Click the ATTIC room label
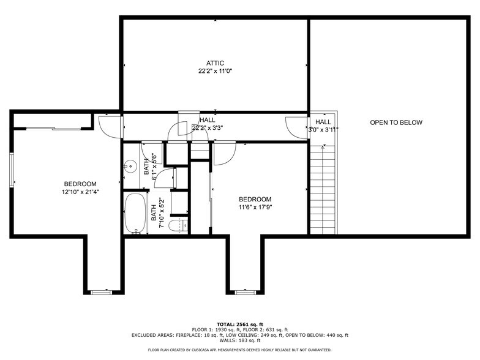point(215,63)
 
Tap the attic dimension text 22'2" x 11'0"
point(215,71)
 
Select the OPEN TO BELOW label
point(396,122)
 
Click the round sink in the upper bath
point(130,165)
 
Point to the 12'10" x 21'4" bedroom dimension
point(80,192)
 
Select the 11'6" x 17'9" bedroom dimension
point(255,207)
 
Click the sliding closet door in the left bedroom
point(51,129)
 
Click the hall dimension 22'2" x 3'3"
point(208,128)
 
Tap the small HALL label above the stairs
point(323,122)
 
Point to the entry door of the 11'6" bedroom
point(223,153)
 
